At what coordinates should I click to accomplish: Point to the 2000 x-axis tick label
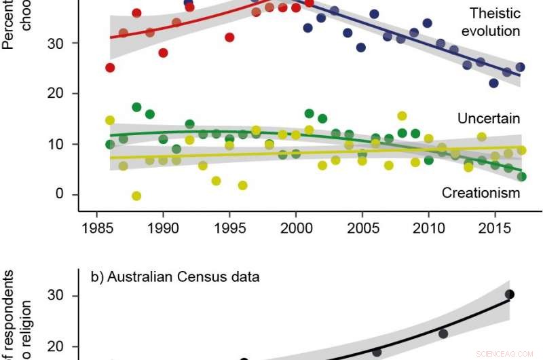tap(296, 227)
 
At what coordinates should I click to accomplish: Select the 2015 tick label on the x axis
tap(495, 227)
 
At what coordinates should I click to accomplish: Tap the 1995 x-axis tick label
tap(229, 227)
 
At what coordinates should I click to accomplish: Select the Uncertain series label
tap(488, 119)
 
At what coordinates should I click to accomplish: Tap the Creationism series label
tap(481, 194)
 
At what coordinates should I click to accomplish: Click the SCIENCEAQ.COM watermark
tap(506, 353)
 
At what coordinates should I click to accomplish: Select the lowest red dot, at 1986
tap(110, 67)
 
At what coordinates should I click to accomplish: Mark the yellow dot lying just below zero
tap(136, 196)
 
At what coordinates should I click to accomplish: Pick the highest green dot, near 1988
tap(136, 107)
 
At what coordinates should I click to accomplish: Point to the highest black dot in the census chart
tap(510, 294)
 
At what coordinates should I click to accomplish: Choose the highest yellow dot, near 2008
tap(402, 116)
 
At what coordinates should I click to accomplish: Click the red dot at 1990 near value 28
tap(163, 53)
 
